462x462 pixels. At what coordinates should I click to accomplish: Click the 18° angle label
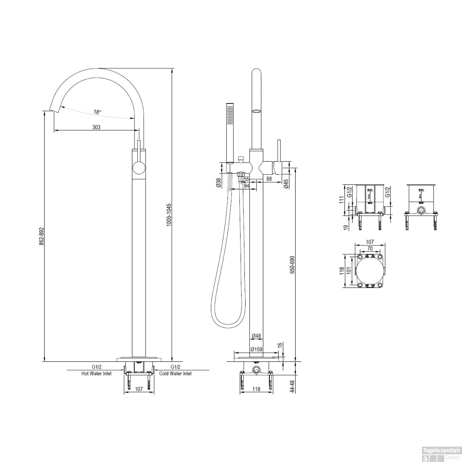pos(97,112)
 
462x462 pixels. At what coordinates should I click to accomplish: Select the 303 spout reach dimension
pos(96,127)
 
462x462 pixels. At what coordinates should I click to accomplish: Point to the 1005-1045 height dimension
pos(168,215)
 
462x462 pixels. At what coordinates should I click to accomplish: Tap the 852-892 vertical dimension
pos(42,236)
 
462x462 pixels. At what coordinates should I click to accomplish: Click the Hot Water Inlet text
pos(96,373)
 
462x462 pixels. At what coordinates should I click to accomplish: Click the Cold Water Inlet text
pos(175,373)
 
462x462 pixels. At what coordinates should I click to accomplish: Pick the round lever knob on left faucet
pos(138,169)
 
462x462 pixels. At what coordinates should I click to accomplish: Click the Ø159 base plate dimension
pos(256,349)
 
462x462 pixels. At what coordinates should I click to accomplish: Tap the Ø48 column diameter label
pos(256,336)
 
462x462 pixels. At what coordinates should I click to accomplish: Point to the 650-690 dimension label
pos(292,264)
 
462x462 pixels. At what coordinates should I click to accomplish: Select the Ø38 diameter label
pos(218,183)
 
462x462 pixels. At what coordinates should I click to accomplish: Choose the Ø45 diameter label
pos(286,184)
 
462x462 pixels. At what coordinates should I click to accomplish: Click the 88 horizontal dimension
pos(269,179)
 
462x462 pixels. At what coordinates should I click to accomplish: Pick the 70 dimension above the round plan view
pos(370,248)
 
